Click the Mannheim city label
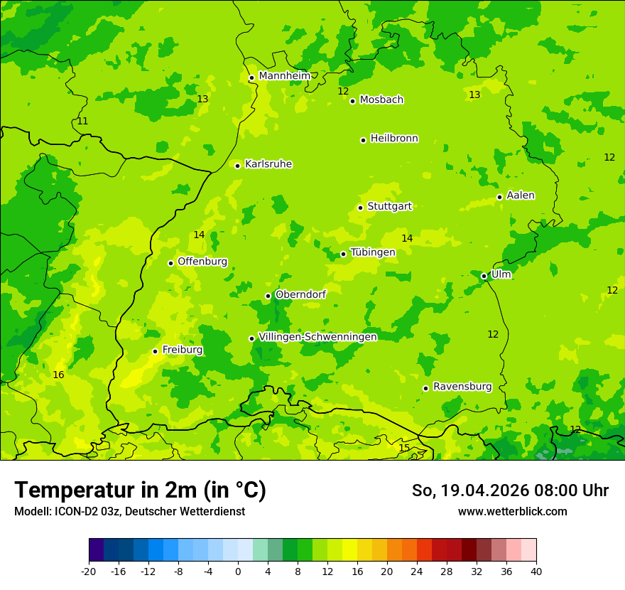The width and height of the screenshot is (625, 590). pyautogui.click(x=284, y=76)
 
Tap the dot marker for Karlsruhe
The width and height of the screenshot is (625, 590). pyautogui.click(x=238, y=166)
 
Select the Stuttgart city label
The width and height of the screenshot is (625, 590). pyautogui.click(x=389, y=206)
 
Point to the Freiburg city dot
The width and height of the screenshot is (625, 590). pyautogui.click(x=155, y=351)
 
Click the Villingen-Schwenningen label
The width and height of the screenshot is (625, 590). pyautogui.click(x=317, y=337)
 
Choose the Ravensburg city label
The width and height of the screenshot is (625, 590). pyautogui.click(x=462, y=387)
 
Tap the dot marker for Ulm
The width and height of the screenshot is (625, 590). pyautogui.click(x=484, y=276)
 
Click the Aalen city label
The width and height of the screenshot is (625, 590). pyautogui.click(x=521, y=195)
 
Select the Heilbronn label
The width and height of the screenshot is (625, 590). pyautogui.click(x=394, y=139)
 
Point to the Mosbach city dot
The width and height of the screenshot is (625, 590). pyautogui.click(x=352, y=101)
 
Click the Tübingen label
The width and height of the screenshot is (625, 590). pyautogui.click(x=373, y=252)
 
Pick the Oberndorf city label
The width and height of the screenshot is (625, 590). pyautogui.click(x=300, y=294)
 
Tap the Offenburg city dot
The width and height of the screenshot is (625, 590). pyautogui.click(x=170, y=263)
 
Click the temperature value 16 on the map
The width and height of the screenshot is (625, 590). pyautogui.click(x=58, y=375)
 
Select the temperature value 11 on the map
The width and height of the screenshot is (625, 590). pyautogui.click(x=82, y=122)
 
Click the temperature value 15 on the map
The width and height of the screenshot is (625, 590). pyautogui.click(x=404, y=448)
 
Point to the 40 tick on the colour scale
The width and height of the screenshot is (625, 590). pyautogui.click(x=536, y=571)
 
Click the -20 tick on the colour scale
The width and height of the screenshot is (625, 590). pyautogui.click(x=89, y=571)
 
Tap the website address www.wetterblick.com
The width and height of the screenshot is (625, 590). pyautogui.click(x=512, y=511)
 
